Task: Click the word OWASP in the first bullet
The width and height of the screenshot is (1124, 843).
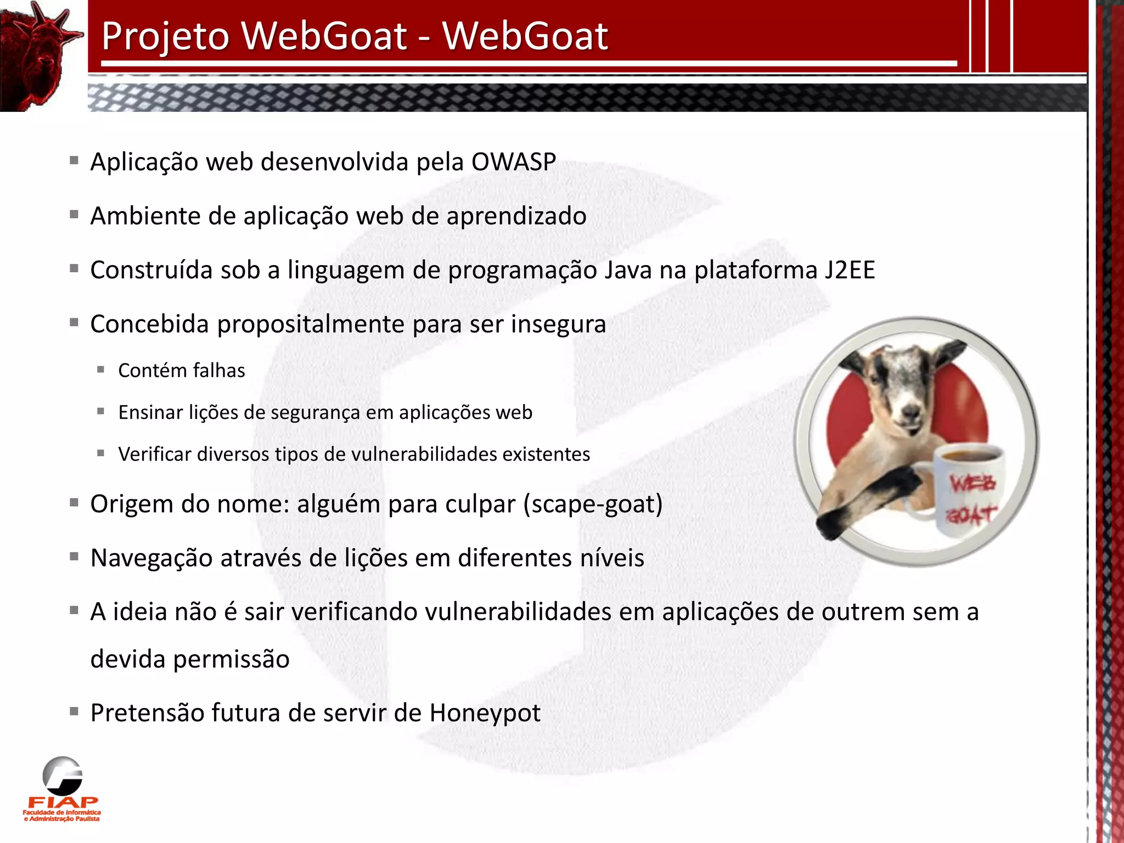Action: point(513,162)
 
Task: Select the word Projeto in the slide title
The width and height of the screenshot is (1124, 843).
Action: point(165,36)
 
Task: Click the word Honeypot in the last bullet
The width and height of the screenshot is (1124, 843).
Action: point(485,713)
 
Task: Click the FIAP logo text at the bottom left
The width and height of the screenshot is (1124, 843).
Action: point(63,802)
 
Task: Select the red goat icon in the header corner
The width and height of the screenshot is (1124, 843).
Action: point(38,55)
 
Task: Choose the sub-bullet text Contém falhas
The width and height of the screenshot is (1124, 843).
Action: point(182,371)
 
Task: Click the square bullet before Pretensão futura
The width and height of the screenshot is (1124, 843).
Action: point(74,712)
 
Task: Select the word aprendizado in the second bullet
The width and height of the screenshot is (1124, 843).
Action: point(516,216)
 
